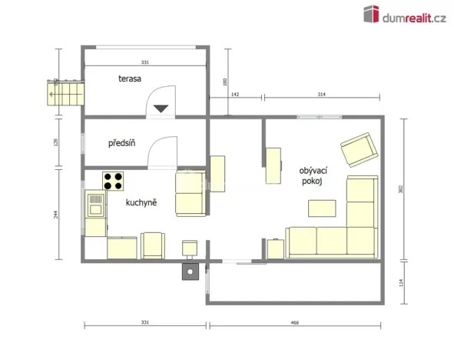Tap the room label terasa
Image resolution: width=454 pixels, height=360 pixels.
(129, 78)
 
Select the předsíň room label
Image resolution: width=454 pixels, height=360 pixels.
(122, 142)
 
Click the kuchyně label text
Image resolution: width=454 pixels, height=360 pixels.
(141, 202)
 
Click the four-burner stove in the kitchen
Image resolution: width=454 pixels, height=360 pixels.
(114, 182)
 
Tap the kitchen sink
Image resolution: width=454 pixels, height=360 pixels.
(96, 205)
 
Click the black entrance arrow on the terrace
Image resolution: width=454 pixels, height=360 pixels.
(161, 108)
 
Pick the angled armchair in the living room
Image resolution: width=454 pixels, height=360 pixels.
(359, 149)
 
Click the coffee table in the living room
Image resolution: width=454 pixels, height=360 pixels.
(322, 208)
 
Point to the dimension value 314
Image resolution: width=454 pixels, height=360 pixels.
(321, 94)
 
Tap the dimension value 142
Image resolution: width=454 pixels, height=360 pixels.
(236, 94)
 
